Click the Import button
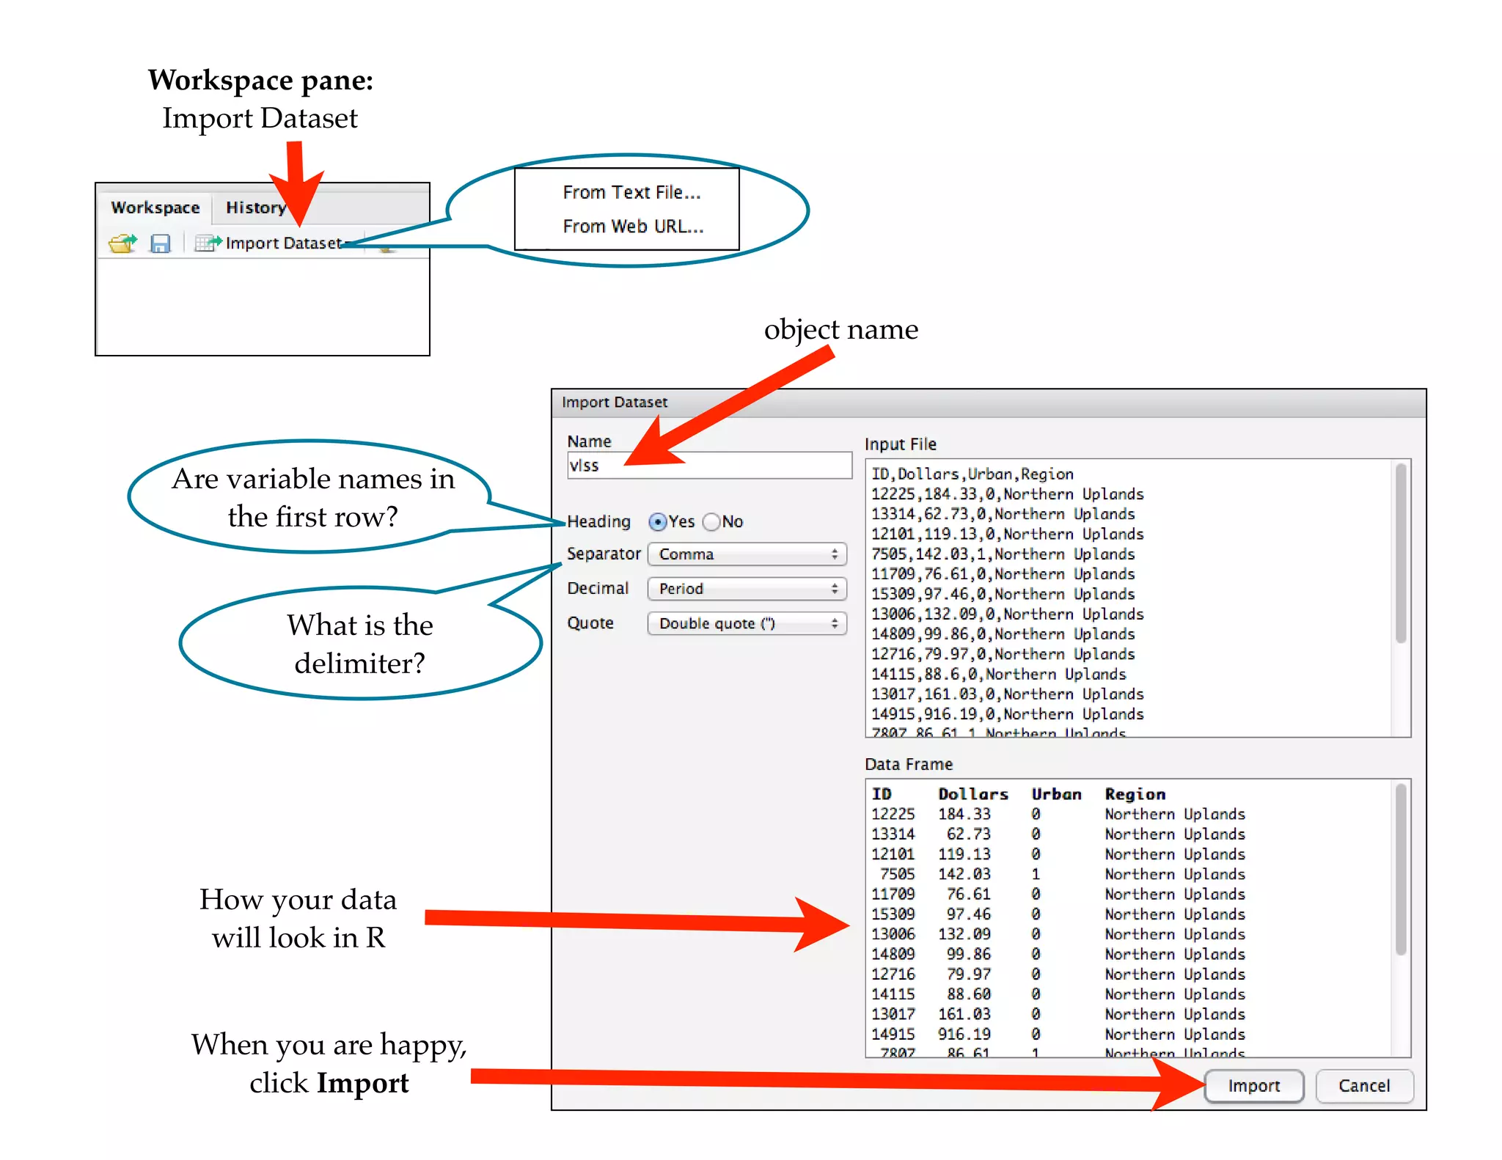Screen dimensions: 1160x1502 1253,1086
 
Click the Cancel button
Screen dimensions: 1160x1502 1363,1086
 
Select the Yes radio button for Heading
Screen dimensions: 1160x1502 658,522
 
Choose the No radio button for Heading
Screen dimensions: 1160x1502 711,522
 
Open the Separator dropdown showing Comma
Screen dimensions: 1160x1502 747,554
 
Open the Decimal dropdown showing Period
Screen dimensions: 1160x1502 747,589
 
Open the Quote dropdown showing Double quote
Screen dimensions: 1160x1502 747,623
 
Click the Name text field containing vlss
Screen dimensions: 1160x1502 709,466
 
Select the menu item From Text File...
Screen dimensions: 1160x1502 631,193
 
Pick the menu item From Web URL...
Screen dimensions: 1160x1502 633,227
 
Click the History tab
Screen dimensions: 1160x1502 255,208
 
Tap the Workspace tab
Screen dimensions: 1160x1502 155,208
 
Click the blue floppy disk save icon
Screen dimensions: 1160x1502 160,243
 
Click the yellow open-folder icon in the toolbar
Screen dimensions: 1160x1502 122,243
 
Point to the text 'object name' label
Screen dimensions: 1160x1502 840,330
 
